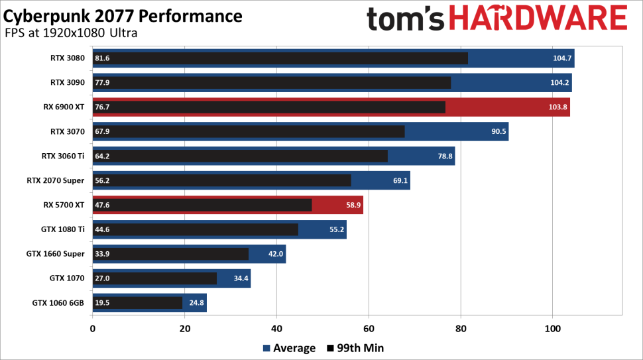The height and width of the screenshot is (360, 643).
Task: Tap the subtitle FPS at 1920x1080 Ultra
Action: tap(71, 33)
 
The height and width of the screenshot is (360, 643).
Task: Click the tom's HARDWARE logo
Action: tap(497, 19)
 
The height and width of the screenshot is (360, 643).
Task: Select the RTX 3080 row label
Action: tap(68, 58)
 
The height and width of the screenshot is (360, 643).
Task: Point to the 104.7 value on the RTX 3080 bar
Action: tap(562, 58)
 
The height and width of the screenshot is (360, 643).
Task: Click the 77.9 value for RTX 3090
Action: tap(102, 83)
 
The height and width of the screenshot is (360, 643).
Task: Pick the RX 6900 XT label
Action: tap(64, 107)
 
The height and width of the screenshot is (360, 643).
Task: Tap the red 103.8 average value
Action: tap(557, 107)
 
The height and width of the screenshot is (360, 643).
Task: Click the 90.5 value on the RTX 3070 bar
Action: tap(498, 131)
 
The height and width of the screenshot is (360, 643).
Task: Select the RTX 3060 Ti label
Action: tap(63, 156)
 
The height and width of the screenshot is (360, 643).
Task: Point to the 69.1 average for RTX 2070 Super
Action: tap(400, 180)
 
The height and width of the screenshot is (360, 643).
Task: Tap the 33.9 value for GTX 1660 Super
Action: tap(102, 254)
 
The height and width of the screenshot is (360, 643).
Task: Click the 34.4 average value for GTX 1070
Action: tap(241, 278)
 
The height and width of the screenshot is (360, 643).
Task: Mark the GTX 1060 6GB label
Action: tap(58, 303)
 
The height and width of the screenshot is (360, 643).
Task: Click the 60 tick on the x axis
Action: tap(369, 328)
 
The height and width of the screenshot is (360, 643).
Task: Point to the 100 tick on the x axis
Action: tap(553, 328)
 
